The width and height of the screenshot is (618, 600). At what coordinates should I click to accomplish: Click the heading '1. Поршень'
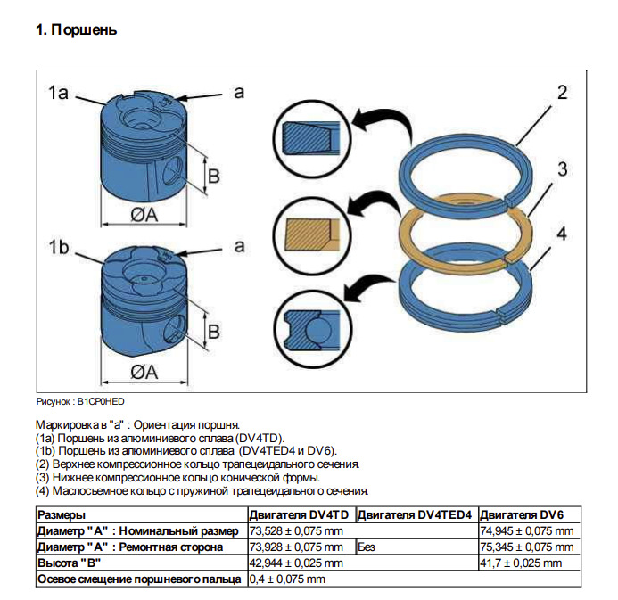pyautogui.click(x=76, y=30)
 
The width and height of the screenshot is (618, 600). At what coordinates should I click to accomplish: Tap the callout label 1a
pyautogui.click(x=59, y=93)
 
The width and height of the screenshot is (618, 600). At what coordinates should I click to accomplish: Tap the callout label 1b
pyautogui.click(x=59, y=248)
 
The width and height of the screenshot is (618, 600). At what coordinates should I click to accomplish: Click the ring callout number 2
pyautogui.click(x=562, y=93)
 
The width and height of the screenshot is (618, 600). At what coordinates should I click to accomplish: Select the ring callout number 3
pyautogui.click(x=563, y=169)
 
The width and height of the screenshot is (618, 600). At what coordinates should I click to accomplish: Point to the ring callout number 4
pyautogui.click(x=562, y=234)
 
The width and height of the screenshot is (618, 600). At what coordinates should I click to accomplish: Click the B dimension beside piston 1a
pyautogui.click(x=213, y=176)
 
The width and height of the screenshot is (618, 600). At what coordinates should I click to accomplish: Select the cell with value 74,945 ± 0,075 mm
pyautogui.click(x=527, y=531)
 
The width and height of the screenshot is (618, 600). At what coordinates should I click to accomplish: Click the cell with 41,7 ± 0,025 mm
pyautogui.click(x=522, y=563)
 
